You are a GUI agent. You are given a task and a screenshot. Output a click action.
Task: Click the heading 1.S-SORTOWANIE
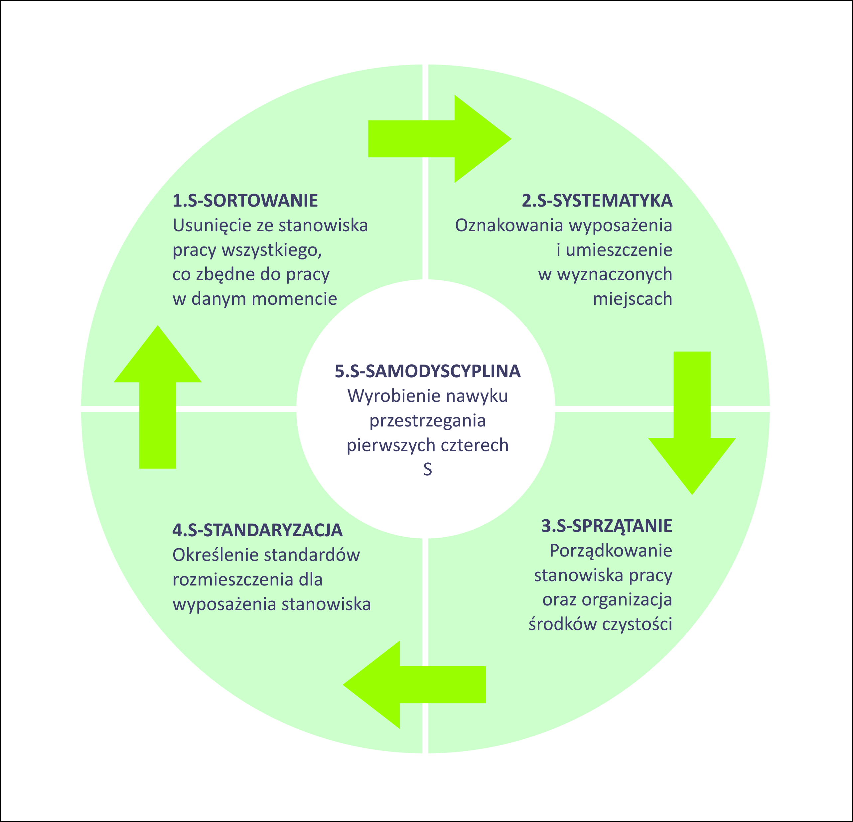pos(245,201)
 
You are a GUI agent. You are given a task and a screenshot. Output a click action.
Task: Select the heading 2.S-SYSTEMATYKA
pos(597,201)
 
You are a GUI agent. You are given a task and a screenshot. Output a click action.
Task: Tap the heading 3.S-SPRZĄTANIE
pos(607,526)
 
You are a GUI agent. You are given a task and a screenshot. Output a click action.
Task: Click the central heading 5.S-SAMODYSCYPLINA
pos(427,371)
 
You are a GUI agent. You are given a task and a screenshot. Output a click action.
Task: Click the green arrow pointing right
pos(440,139)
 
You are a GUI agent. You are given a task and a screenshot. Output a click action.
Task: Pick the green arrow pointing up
pos(158,397)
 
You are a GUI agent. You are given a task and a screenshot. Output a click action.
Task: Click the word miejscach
pos(633,299)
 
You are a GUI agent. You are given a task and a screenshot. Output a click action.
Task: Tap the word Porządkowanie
pos(611,551)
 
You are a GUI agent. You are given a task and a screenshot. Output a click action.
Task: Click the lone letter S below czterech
pos(427,469)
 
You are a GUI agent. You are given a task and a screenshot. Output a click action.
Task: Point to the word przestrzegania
pos(427,420)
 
